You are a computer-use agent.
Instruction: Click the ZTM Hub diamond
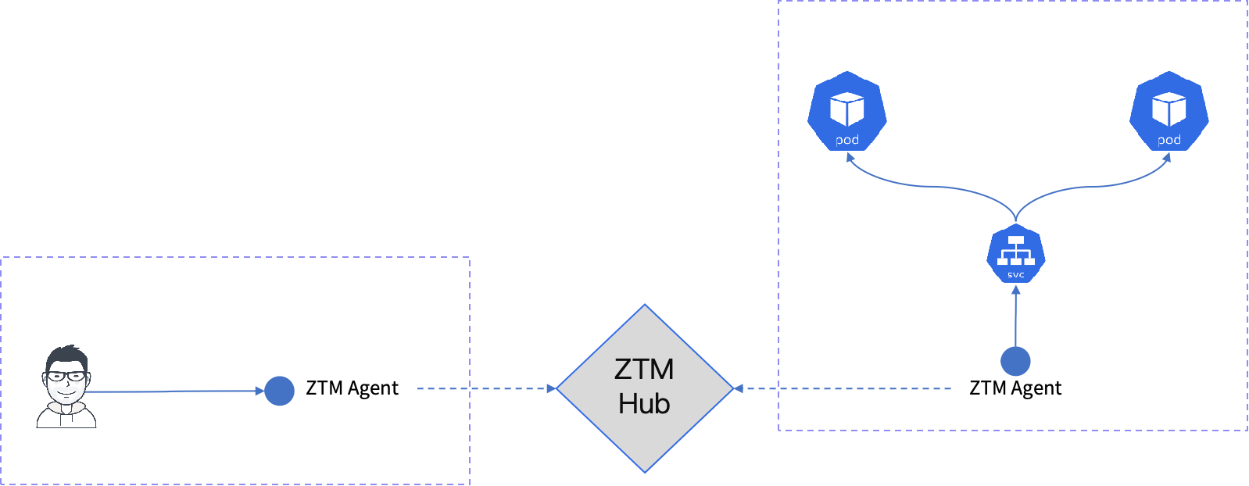click(644, 388)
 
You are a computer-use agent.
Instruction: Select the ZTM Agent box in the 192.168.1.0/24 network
click(353, 388)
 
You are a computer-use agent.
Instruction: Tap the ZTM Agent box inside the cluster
click(1015, 388)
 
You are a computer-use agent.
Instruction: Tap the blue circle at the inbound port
click(279, 391)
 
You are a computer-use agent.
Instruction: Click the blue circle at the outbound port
click(1015, 360)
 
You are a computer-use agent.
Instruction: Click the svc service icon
click(1015, 254)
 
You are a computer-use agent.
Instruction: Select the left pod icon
click(847, 111)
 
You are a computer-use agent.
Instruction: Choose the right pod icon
click(1168, 111)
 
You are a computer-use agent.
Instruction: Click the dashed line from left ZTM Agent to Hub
click(485, 388)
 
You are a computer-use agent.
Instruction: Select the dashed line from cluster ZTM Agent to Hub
click(844, 388)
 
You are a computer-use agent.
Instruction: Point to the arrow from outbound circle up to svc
click(1015, 316)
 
